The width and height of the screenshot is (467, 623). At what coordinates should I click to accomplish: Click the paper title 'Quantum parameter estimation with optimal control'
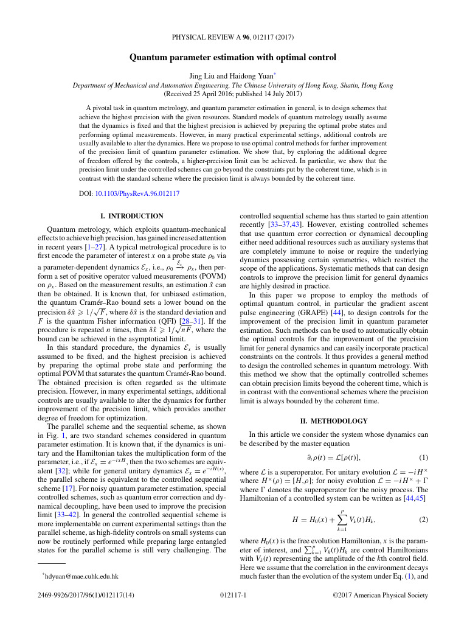233,58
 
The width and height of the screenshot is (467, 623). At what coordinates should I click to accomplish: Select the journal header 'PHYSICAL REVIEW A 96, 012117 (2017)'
233,37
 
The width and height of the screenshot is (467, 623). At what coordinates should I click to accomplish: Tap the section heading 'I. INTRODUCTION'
131,216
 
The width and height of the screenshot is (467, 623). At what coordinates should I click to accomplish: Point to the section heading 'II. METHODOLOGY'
334,420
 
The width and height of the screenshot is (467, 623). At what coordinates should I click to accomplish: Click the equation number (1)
424,457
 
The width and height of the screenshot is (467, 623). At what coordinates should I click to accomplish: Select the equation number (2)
424,520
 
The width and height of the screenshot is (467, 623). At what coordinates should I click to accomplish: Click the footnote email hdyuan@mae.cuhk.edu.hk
80,576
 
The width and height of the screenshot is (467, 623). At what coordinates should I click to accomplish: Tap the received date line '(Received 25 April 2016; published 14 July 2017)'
233,94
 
